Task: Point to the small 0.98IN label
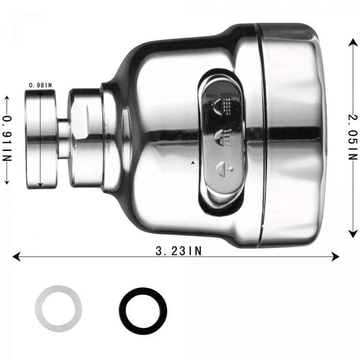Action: click(x=40, y=85)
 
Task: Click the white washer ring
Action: click(x=58, y=309)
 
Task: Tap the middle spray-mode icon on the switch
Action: click(x=224, y=137)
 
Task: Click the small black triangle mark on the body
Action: click(x=193, y=162)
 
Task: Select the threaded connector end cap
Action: click(x=40, y=139)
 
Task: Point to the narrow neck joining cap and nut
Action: click(x=63, y=139)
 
